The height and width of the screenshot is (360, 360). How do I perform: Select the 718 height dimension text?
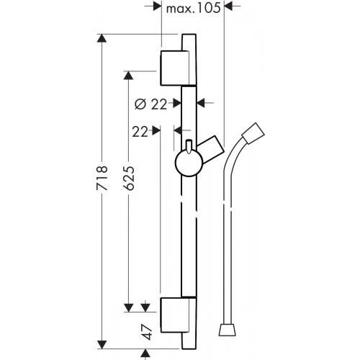tap(103, 179)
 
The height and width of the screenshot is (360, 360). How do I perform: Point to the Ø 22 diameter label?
tap(150, 103)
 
